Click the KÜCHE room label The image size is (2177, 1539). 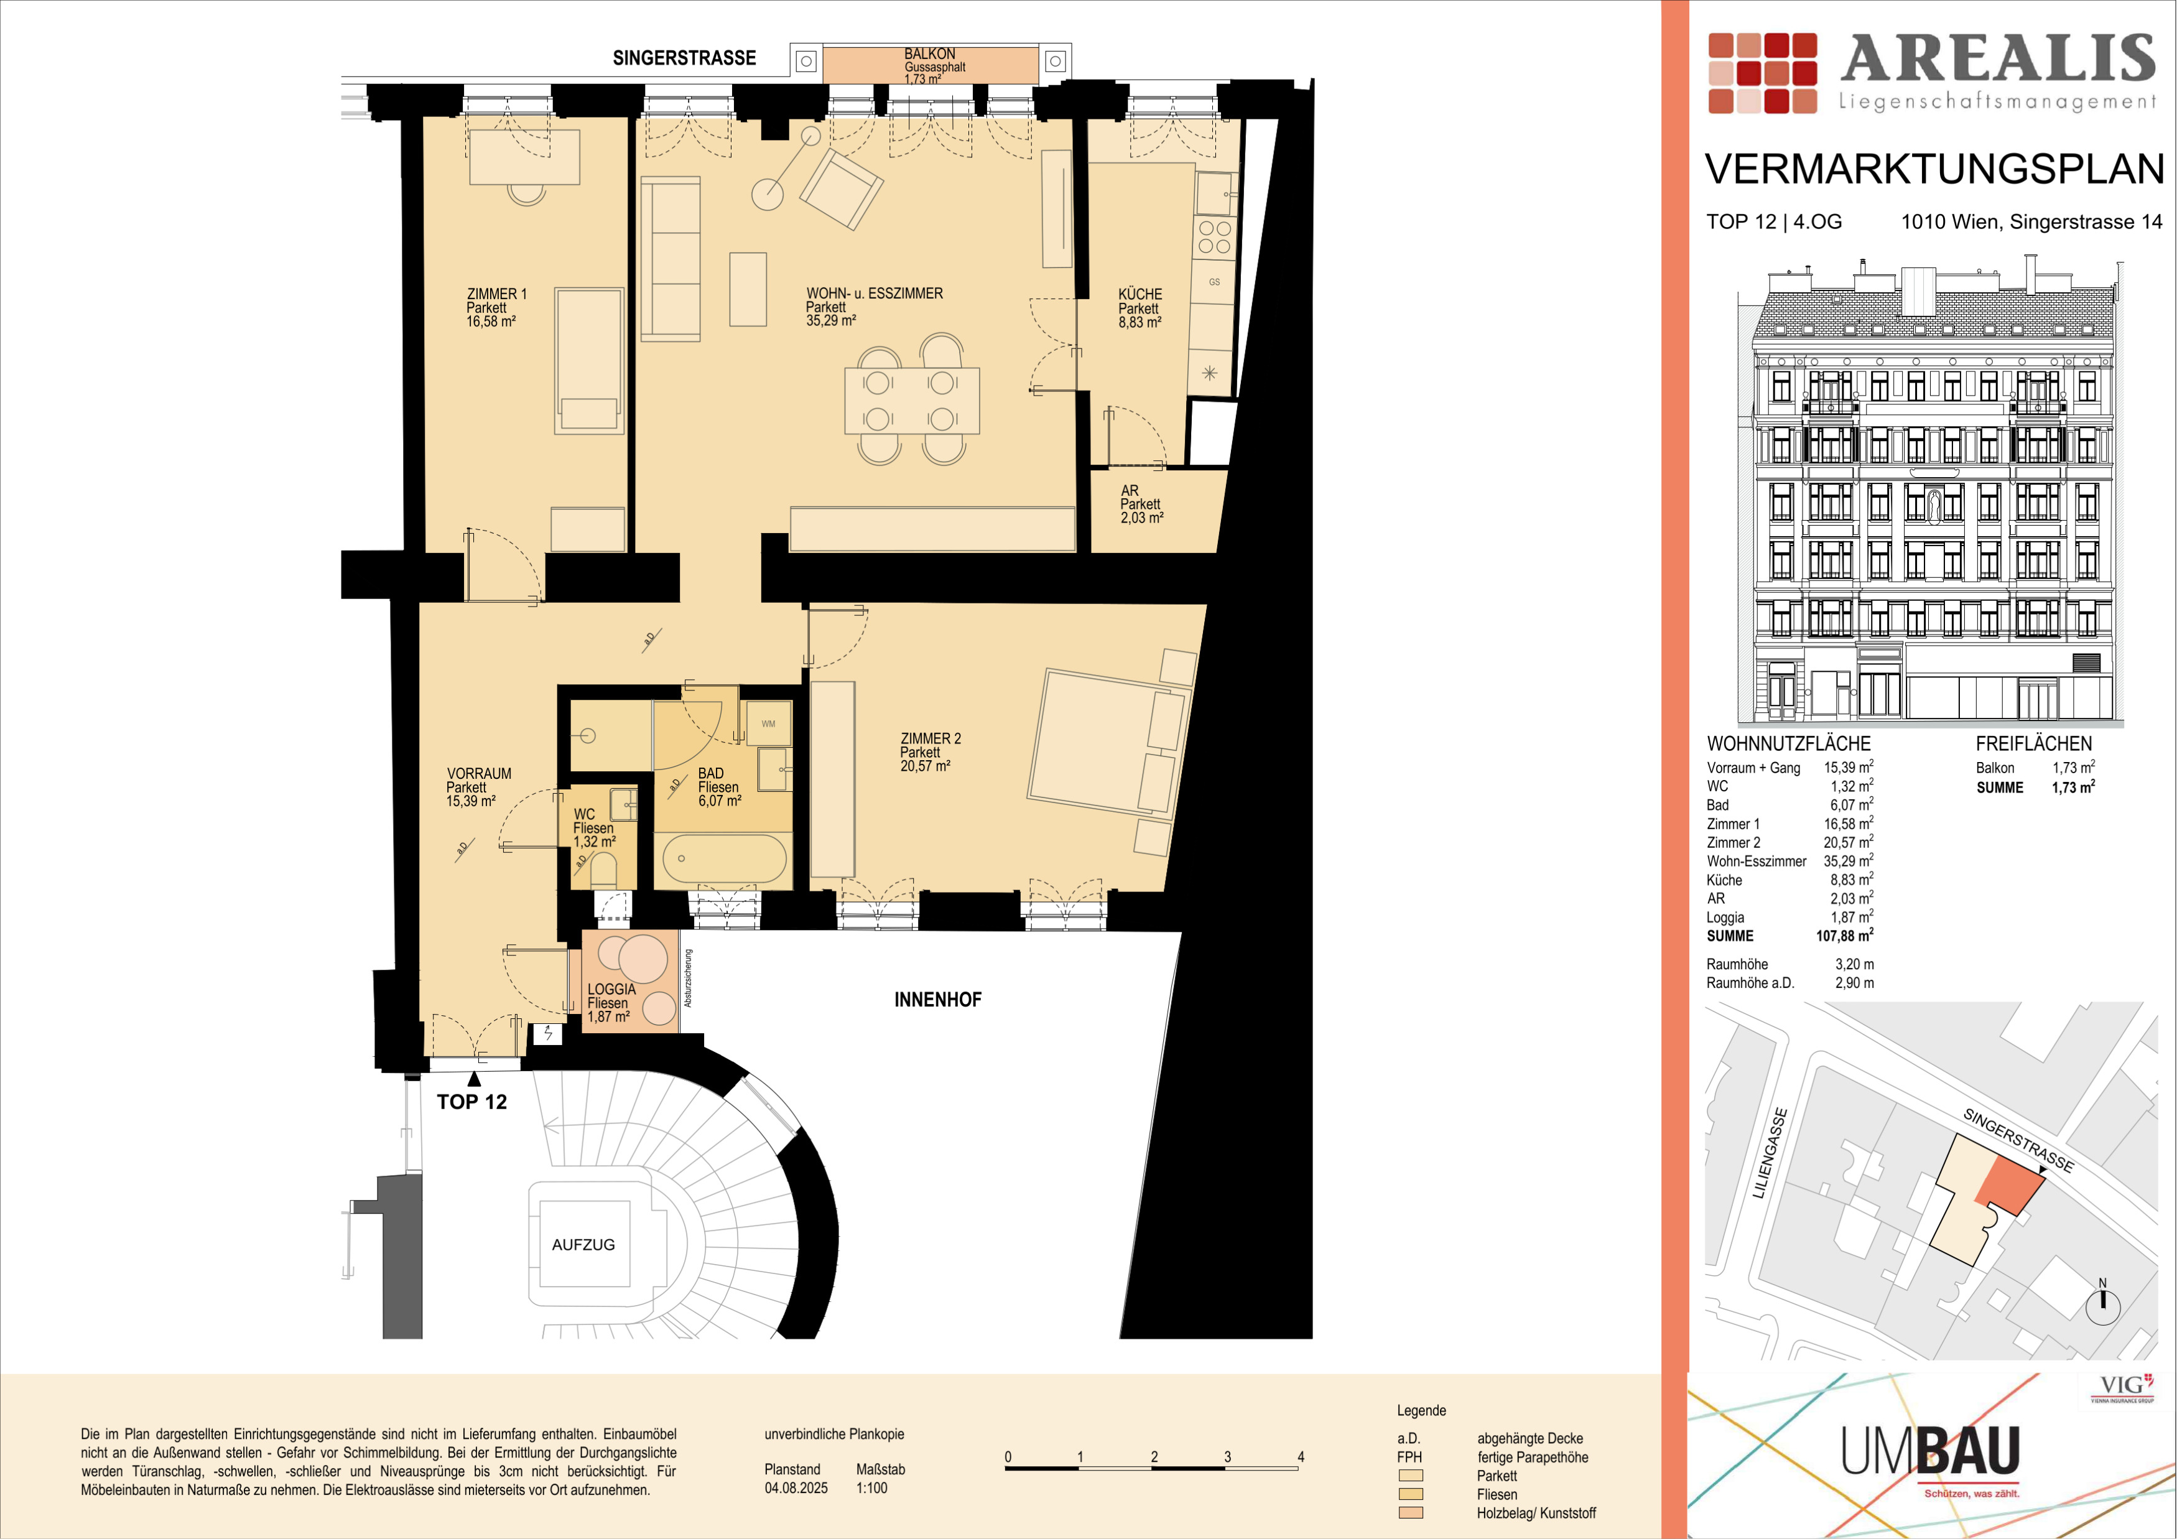(1140, 294)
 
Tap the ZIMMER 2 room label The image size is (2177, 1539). (930, 738)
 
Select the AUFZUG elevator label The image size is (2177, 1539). (583, 1245)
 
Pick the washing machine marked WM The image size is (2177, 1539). (768, 723)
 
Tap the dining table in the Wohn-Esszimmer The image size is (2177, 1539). (912, 400)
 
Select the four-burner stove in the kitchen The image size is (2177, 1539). (1215, 237)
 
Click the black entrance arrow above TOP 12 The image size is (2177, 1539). (474, 1078)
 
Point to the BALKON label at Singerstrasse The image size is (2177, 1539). (929, 54)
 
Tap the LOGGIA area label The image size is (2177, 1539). (611, 989)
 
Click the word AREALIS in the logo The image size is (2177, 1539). (1998, 59)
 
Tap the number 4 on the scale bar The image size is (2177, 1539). (1301, 1456)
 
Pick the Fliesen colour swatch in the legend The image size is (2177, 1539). (1411, 1494)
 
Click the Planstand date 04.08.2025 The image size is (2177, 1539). (796, 1488)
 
